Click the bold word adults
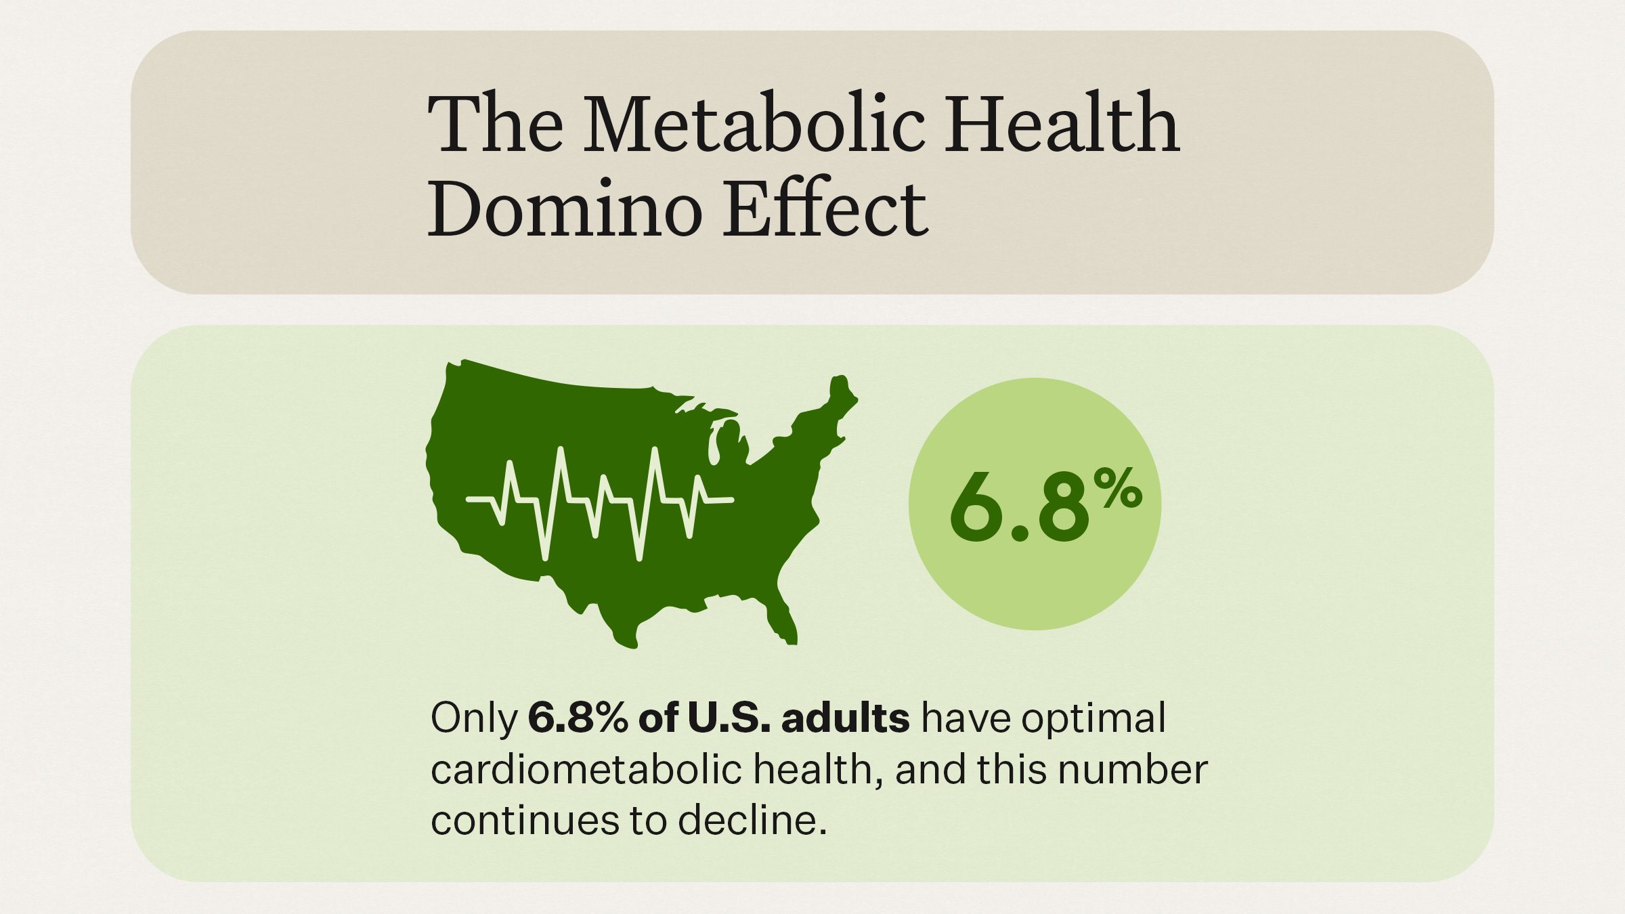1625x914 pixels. (x=845, y=718)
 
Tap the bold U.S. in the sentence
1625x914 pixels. (x=729, y=718)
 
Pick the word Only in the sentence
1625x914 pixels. (x=474, y=718)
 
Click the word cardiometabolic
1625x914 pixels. (x=586, y=770)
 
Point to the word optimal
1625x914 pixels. (x=1093, y=718)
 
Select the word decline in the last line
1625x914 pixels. (x=752, y=821)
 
